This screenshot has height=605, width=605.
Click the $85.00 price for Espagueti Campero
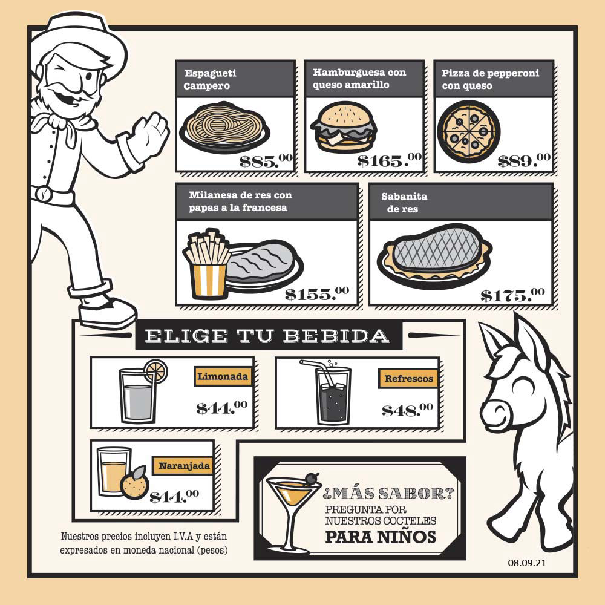266,160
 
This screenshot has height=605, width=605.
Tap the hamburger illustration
344,127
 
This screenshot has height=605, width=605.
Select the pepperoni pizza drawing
468,131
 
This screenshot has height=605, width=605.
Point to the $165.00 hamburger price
389,160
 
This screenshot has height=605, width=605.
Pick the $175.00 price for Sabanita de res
512,295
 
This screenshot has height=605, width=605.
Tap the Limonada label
223,376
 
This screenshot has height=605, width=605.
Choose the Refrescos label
408,379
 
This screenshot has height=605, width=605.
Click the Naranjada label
184,466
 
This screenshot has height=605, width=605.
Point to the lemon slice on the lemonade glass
156,371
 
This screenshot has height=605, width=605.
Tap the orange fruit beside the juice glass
135,482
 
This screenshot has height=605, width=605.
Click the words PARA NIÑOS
381,537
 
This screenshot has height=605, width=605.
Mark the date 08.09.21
527,563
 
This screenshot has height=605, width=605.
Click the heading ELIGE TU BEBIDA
267,336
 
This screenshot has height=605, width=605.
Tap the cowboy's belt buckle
44,194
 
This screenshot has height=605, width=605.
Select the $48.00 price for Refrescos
407,410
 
